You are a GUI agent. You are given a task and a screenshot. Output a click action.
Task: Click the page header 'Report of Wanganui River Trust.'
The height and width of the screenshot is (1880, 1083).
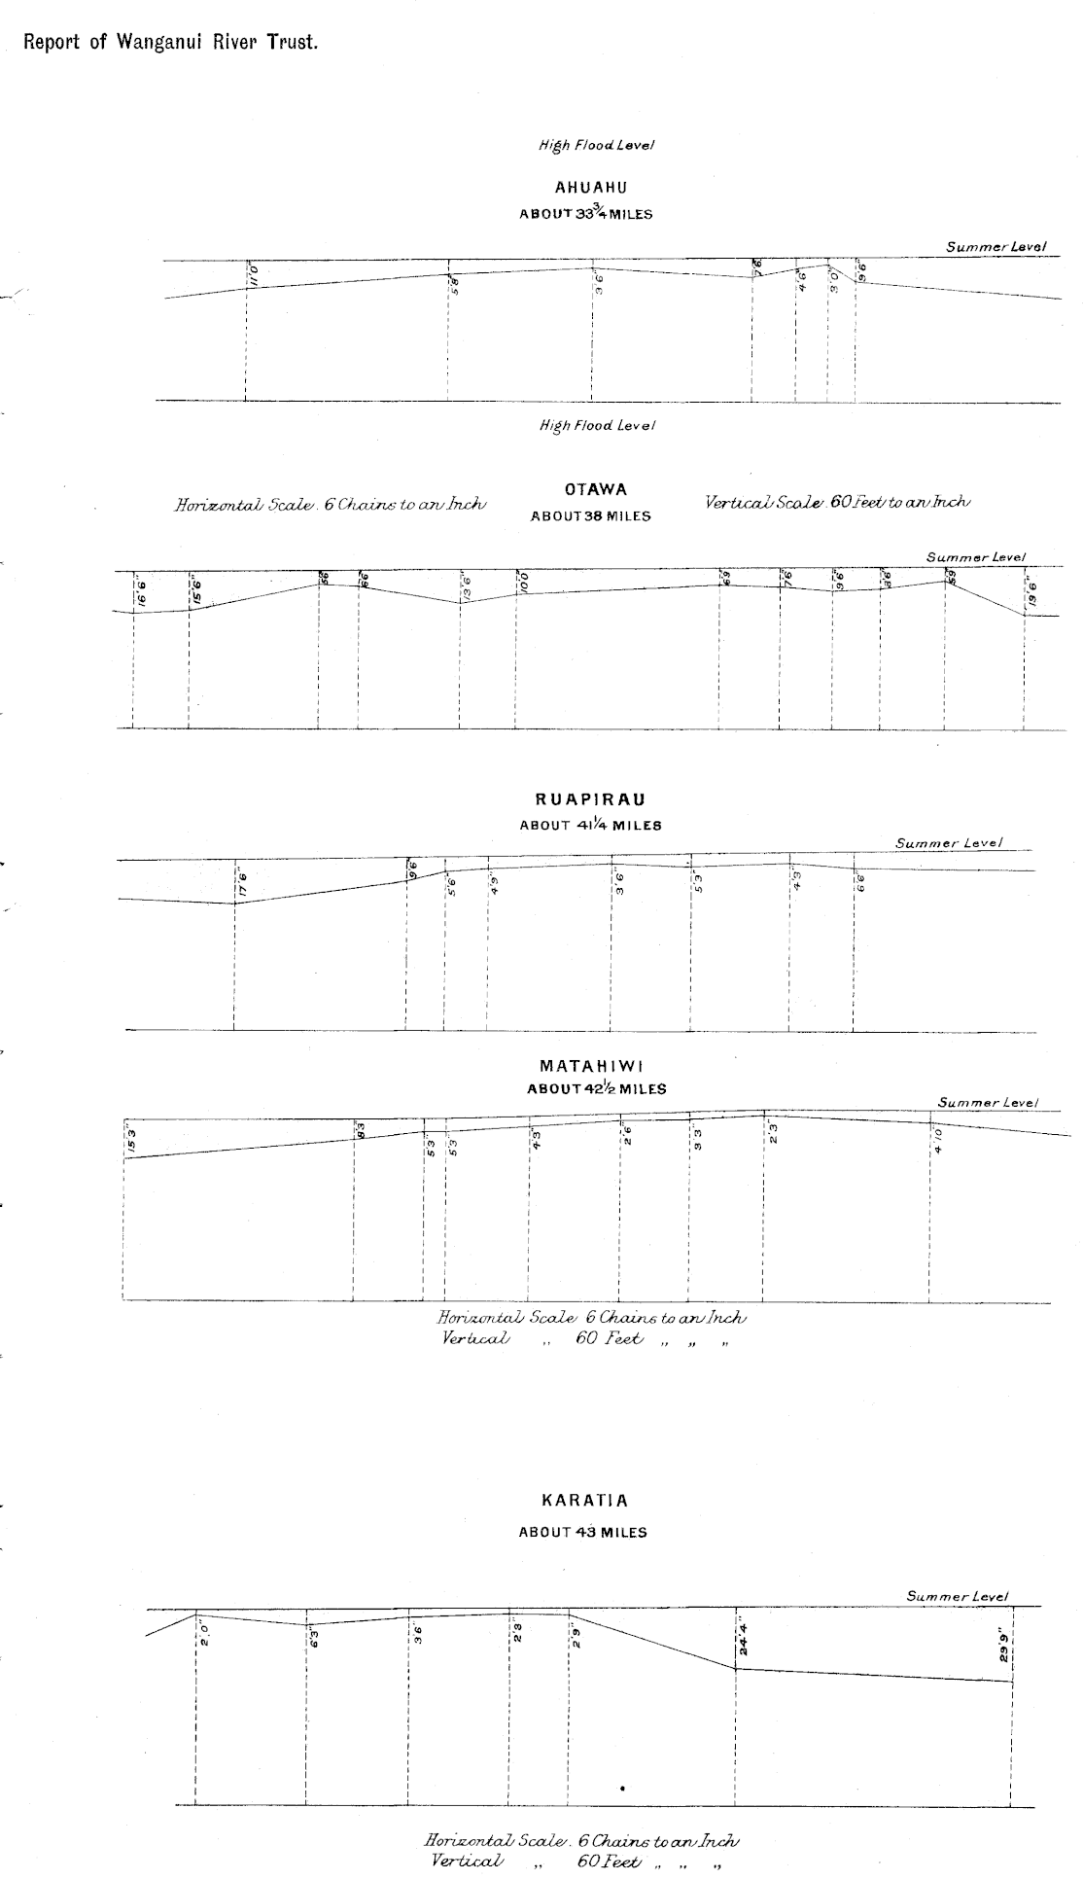click(170, 43)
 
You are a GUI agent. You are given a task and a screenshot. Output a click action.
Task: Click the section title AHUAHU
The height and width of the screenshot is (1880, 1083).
click(590, 188)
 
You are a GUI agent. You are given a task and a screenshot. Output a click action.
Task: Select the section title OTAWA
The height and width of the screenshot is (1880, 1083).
click(595, 490)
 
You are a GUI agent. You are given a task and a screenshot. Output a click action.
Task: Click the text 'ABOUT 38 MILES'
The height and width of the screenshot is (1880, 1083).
click(590, 516)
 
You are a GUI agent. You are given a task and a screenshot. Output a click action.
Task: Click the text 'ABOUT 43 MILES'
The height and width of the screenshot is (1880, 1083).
click(582, 1532)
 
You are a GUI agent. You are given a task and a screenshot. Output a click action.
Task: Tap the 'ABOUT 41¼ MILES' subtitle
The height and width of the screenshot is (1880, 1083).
click(590, 826)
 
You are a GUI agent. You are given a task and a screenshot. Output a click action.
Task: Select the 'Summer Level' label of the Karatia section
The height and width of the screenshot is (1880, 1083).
click(958, 1596)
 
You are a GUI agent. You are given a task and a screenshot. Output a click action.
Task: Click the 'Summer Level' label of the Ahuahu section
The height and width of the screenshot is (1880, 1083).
click(996, 247)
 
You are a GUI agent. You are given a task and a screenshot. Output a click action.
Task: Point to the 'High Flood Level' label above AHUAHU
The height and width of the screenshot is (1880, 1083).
click(596, 146)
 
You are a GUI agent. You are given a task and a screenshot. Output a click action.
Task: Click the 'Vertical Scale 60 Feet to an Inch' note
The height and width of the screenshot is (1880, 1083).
click(838, 502)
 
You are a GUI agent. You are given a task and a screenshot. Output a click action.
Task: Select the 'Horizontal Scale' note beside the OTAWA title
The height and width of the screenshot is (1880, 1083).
click(330, 504)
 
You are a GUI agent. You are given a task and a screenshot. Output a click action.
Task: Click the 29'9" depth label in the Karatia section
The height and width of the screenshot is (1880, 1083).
click(1006, 1649)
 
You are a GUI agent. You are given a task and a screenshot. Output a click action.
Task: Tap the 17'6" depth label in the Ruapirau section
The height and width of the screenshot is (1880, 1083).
click(242, 883)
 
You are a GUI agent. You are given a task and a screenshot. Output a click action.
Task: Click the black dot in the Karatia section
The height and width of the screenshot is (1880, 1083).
click(622, 1788)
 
